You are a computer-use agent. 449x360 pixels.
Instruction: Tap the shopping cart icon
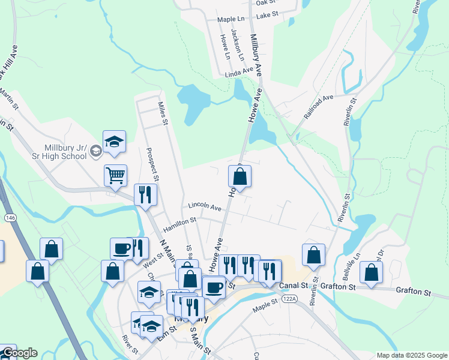point(115,175)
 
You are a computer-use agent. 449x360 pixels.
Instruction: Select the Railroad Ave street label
point(318,104)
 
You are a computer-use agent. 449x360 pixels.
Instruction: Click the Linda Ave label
point(240,73)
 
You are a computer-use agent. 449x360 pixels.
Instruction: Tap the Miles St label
point(162,113)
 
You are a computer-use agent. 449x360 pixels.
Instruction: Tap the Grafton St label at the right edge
point(414,292)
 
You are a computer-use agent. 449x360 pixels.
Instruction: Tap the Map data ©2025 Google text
point(411,355)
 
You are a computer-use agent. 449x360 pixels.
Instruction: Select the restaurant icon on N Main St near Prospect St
point(145,194)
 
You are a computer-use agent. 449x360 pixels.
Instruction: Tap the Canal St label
point(296,285)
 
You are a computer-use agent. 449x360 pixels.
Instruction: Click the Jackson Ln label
point(239,47)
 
